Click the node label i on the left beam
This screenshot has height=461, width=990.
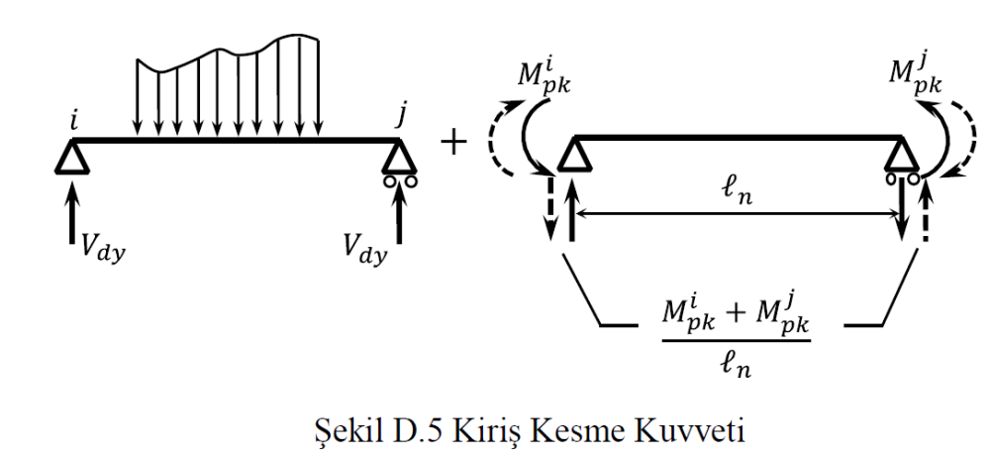76,120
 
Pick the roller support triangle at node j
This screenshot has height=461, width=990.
400,156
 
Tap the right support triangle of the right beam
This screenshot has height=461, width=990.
899,156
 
